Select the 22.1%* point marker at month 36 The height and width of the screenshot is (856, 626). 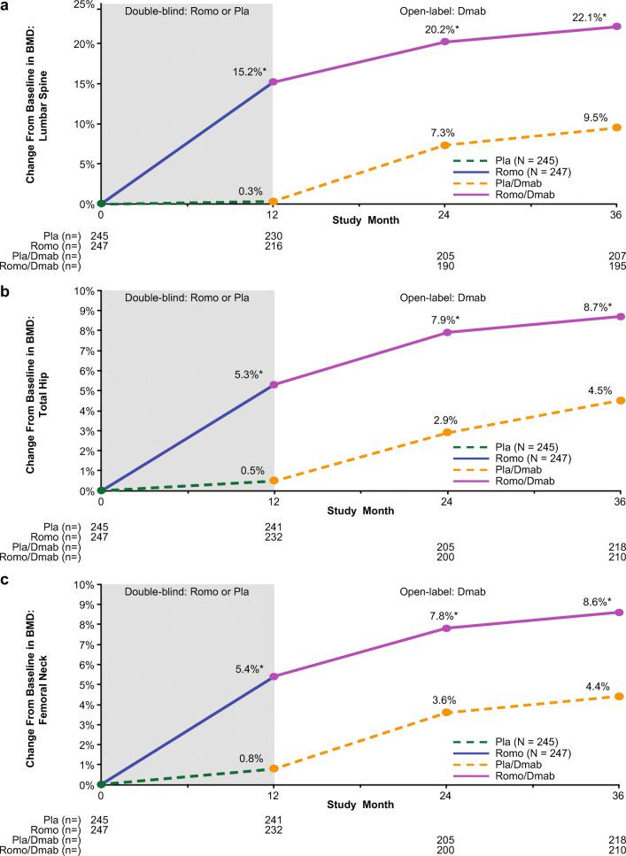pos(616,27)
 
